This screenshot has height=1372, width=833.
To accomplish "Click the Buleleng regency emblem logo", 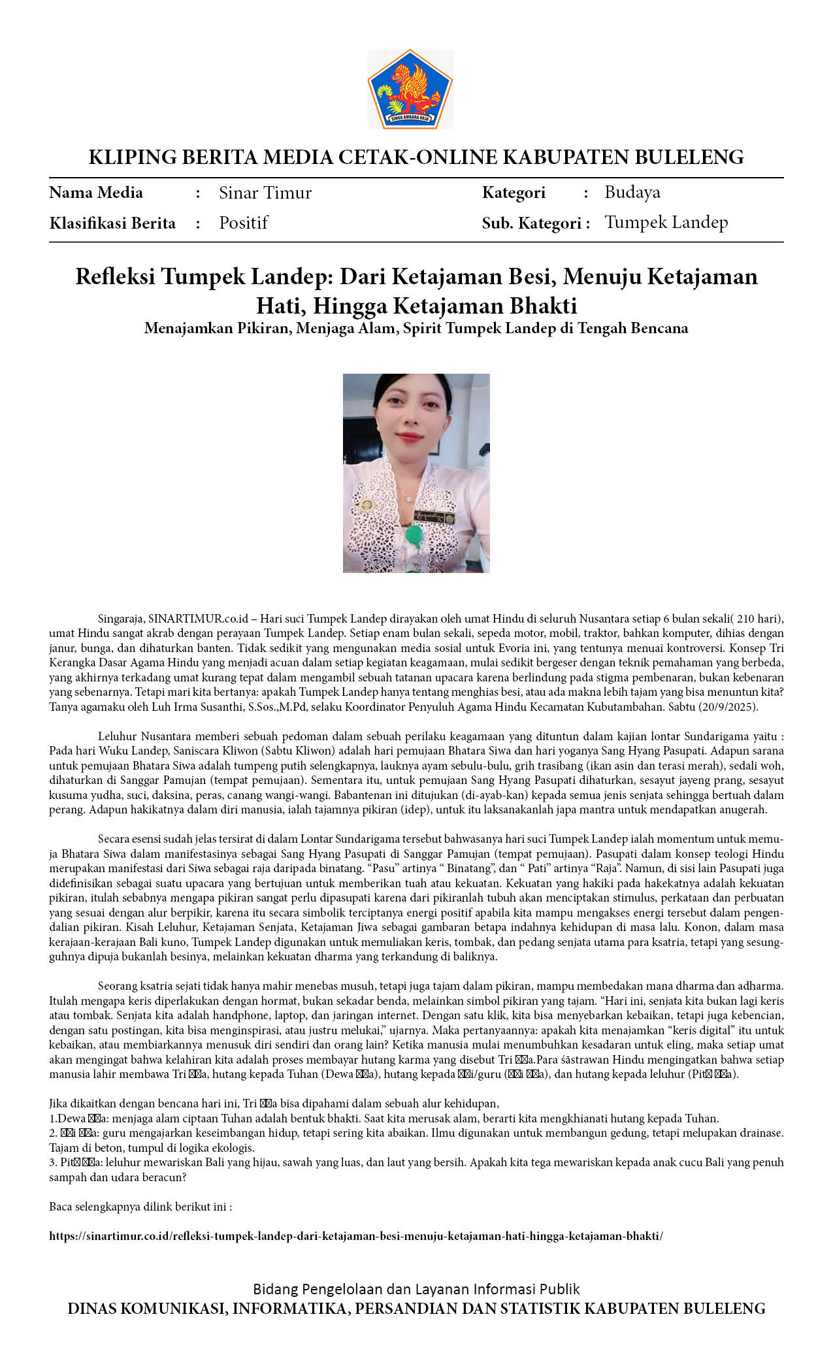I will point(410,89).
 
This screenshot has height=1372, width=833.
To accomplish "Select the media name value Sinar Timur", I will point(265,193).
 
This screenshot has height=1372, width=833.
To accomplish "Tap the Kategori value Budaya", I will point(632,192).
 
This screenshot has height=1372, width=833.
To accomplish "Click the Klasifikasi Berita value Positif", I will point(243,223).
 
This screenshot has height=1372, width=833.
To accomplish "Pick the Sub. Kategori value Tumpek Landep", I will point(666,222).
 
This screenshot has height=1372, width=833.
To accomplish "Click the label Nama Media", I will point(96,193).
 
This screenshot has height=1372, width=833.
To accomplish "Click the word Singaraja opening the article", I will point(121,619).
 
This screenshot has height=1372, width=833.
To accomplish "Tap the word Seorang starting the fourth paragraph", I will point(117,986).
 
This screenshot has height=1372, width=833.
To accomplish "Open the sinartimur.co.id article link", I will point(356,1236).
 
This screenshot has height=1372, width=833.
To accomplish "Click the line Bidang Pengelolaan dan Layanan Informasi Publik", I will point(416,1289).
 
